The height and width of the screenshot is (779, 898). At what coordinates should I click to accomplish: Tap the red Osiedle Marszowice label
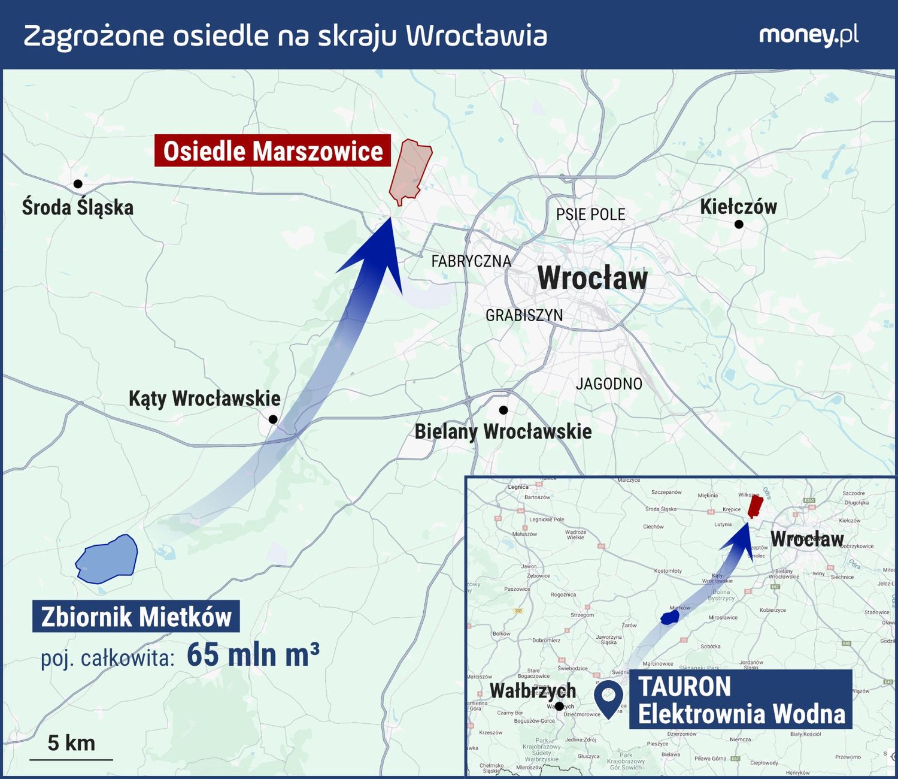[272, 151]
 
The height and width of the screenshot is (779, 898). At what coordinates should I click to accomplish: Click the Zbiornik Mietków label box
[136, 617]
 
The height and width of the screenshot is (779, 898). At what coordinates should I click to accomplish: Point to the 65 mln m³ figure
[253, 654]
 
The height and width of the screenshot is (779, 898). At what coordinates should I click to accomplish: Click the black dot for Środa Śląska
[78, 184]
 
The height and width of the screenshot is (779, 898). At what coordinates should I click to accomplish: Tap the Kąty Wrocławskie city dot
[273, 419]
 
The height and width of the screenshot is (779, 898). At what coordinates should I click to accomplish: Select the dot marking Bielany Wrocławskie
[503, 410]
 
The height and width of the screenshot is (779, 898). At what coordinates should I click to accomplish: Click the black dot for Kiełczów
[739, 224]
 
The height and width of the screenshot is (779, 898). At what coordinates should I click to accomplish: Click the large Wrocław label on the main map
[593, 278]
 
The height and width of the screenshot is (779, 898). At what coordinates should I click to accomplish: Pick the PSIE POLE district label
[590, 215]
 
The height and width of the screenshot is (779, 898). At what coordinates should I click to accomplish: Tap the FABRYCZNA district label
[471, 261]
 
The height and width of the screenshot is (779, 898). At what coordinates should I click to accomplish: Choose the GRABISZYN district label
[524, 315]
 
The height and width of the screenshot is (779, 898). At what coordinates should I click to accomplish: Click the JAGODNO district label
[609, 384]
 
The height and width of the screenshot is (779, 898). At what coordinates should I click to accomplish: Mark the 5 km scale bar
[71, 759]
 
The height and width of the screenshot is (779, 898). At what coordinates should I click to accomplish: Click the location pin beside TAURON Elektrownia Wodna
[608, 698]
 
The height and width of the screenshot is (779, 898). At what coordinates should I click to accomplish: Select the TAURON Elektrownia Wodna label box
[741, 700]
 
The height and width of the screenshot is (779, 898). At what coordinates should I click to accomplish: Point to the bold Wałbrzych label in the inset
[532, 691]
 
